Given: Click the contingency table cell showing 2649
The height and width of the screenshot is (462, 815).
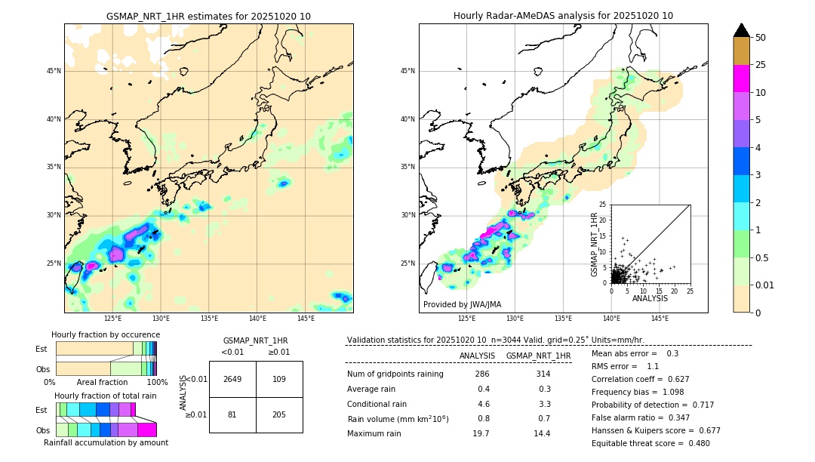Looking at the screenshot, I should click(232, 379).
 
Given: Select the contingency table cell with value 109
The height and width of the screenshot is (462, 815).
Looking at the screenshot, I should click(279, 379).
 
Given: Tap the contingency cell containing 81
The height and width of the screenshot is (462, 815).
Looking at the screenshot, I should click(232, 414).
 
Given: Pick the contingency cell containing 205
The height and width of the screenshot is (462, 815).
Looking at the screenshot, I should click(279, 414).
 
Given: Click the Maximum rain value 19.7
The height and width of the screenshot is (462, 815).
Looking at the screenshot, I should click(481, 433).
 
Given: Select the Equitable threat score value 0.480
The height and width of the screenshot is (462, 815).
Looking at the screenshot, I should click(695, 443).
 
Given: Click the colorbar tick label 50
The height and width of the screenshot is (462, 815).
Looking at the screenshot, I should click(761, 38).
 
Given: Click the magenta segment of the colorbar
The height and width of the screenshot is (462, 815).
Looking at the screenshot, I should click(742, 79).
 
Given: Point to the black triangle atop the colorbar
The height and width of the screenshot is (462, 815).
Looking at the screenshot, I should click(742, 29).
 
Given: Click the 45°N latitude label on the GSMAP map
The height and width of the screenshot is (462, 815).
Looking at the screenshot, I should click(54, 71).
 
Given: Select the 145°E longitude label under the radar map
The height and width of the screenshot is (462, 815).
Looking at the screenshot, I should click(660, 319).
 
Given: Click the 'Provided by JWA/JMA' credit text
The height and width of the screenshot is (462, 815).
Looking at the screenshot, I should click(461, 304).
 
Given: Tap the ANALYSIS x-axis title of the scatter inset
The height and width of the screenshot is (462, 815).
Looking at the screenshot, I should click(650, 299).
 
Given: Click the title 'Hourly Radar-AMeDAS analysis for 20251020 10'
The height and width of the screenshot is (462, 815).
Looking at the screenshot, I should click(563, 16).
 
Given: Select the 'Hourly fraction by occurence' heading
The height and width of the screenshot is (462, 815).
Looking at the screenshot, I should click(106, 334).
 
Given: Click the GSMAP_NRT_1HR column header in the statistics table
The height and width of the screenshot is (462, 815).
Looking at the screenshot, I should click(538, 356).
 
